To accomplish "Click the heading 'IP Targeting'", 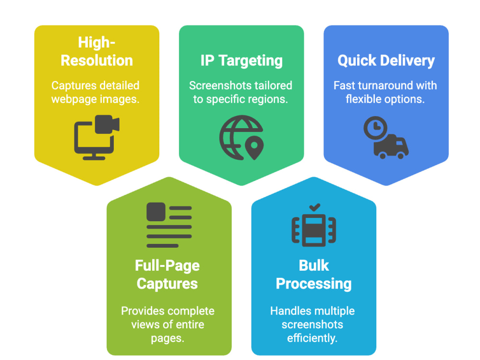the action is (241, 60).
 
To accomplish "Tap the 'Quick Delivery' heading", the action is (386, 60).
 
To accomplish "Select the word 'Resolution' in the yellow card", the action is (97, 60).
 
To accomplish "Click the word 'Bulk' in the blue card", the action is (314, 265).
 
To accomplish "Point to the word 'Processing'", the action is (314, 284).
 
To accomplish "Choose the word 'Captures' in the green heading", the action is (167, 284).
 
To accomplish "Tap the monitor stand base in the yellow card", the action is (94, 158).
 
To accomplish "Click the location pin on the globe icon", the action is (254, 147).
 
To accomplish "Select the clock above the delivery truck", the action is (375, 128).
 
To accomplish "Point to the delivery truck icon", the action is (391, 147).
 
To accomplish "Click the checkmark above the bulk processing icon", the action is (314, 207).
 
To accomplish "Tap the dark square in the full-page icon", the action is (156, 212).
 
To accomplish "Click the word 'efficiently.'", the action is (312, 338).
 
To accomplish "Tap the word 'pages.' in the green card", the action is (168, 338).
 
